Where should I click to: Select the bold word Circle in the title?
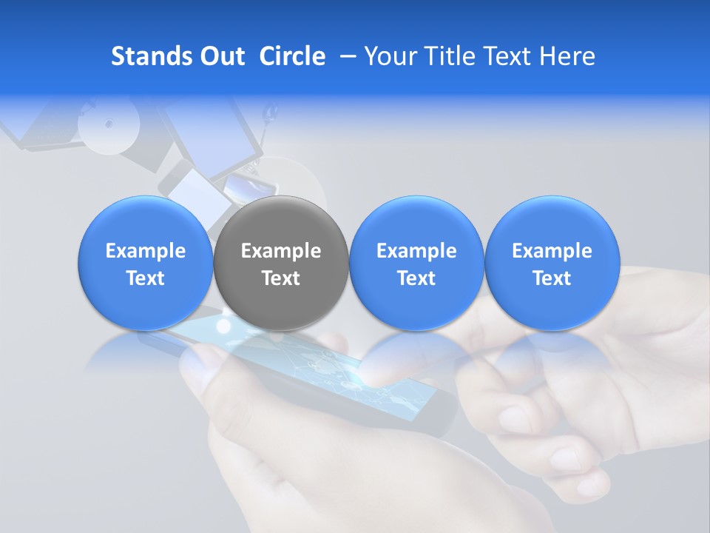pos(292,57)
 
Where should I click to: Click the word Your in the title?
pos(386,57)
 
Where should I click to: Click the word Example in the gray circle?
pos(281,252)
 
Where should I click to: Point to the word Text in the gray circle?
pos(281,278)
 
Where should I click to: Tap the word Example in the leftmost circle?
pos(146,252)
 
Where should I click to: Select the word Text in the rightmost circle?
pos(552,278)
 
